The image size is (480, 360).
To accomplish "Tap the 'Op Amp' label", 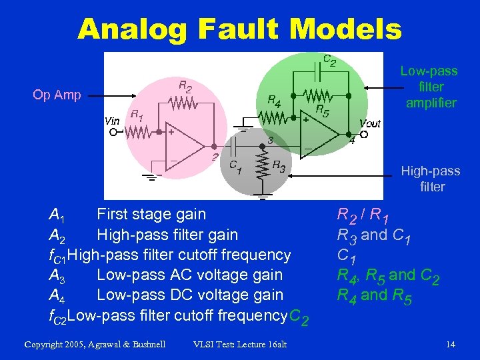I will pos(57,95).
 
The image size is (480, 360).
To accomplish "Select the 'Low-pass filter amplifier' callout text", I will pos(429,87).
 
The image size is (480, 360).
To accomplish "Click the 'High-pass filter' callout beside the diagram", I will pos(430,179).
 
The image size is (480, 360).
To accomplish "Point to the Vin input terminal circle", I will pos(113,132).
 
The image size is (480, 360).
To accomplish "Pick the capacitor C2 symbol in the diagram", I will pos(316,68).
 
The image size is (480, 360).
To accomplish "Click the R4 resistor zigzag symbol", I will pos(273,117).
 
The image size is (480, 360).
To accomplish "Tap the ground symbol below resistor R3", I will pos(264,196).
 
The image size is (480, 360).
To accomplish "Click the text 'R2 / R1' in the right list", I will pos(364,215).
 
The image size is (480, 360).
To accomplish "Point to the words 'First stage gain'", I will pos(151,215).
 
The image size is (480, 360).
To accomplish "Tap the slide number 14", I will pos(451,344).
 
